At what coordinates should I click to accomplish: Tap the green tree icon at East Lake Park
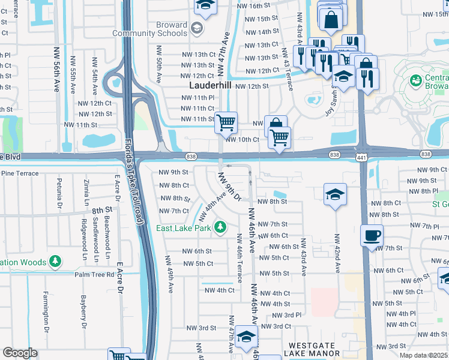point(221,227)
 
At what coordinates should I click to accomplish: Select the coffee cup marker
point(372,235)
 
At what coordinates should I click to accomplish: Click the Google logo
point(20,353)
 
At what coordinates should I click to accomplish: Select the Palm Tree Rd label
point(94,275)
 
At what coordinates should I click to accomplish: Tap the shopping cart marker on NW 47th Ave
point(226,123)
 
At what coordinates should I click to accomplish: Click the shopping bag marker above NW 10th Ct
point(275,125)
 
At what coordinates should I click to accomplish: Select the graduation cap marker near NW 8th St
point(335,194)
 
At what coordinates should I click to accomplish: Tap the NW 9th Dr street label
point(229,187)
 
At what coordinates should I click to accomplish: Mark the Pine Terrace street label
point(20,173)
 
